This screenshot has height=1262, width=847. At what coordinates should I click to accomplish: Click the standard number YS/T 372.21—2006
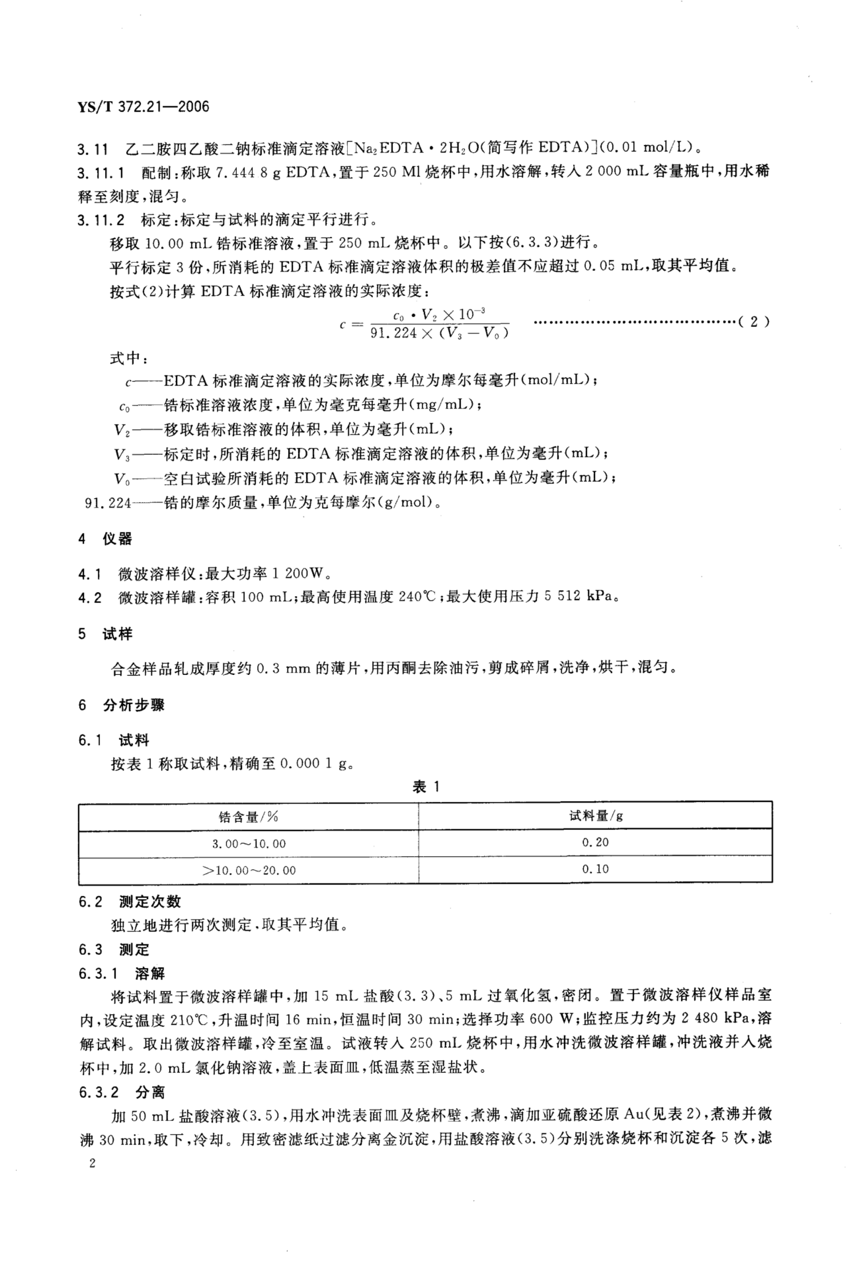pyautogui.click(x=143, y=107)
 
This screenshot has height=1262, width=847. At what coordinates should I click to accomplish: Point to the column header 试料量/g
pyautogui.click(x=595, y=816)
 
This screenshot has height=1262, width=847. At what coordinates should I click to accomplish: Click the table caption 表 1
pyautogui.click(x=426, y=787)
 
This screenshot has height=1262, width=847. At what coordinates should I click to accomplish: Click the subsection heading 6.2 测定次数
pyautogui.click(x=130, y=902)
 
